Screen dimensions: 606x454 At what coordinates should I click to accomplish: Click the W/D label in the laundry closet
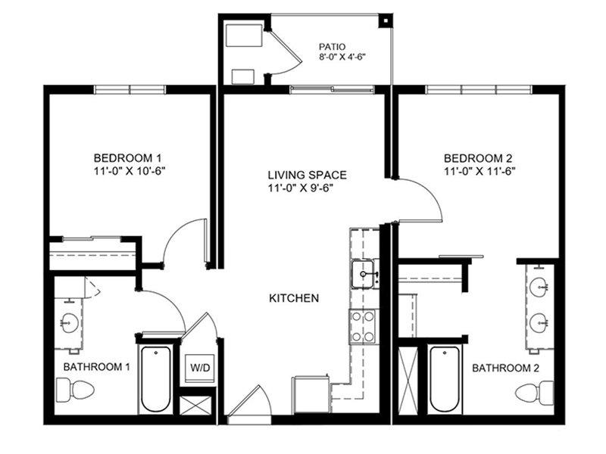[x=200, y=367]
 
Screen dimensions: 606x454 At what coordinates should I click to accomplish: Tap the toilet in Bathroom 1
[x=75, y=390]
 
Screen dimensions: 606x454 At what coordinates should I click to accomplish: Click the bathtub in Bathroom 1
[x=156, y=380]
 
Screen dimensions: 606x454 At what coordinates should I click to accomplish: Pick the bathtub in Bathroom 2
[x=445, y=380]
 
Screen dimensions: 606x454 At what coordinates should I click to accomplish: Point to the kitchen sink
[x=363, y=274]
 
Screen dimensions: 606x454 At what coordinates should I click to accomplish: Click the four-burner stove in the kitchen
[x=363, y=327]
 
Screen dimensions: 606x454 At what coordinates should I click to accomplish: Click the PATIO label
[x=332, y=47]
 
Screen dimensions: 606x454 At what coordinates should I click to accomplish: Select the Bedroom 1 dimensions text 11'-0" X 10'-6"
[x=130, y=171]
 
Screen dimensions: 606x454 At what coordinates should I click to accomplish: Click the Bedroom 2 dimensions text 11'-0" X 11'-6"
[x=479, y=171]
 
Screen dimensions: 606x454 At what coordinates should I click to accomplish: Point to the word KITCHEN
[x=294, y=298]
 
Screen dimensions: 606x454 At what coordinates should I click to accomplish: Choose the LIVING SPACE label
[x=308, y=175]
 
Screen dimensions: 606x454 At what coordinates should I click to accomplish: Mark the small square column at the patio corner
[x=386, y=20]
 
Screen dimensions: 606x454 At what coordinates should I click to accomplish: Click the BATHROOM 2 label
[x=505, y=368]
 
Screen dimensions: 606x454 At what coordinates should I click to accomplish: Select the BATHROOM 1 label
[x=97, y=366]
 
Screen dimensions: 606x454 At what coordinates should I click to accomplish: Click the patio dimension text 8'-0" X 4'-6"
[x=342, y=58]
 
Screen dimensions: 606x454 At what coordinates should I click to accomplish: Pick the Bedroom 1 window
[x=130, y=89]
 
